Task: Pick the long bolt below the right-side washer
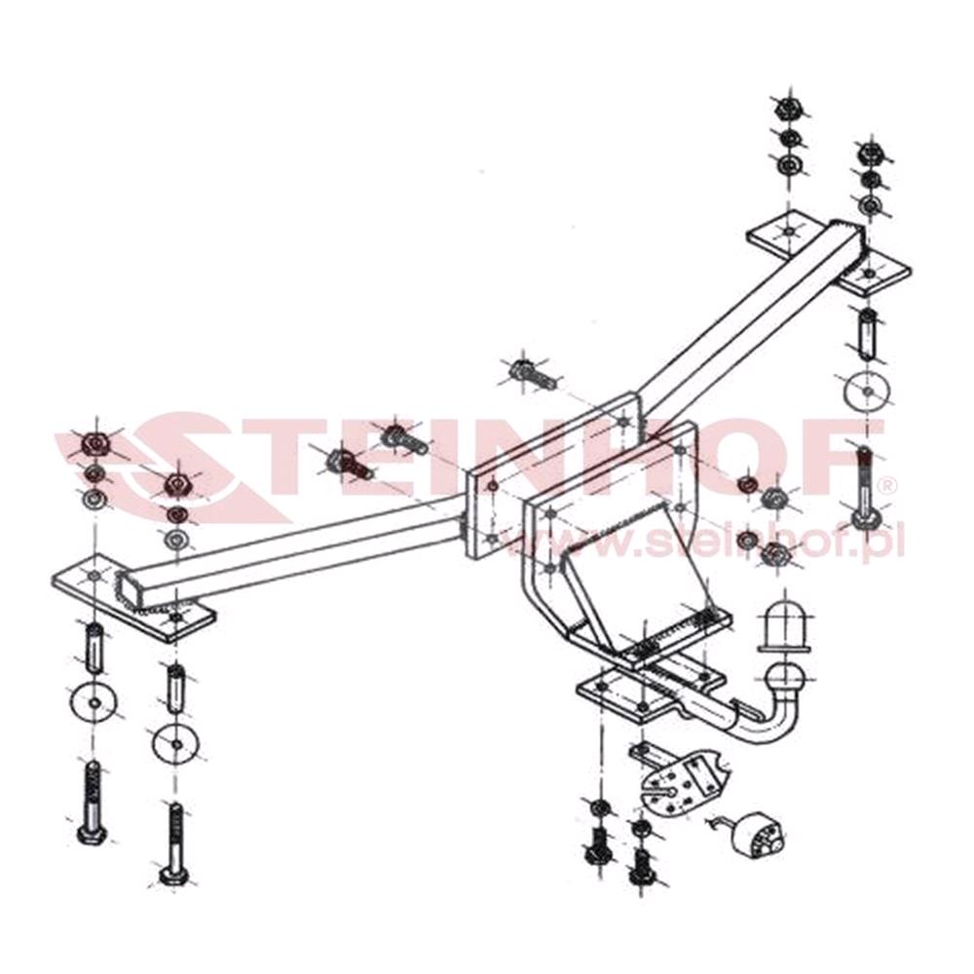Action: point(865,487)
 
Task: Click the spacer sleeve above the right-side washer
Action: point(865,334)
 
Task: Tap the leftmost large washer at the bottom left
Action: point(94,700)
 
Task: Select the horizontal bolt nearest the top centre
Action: point(531,374)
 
